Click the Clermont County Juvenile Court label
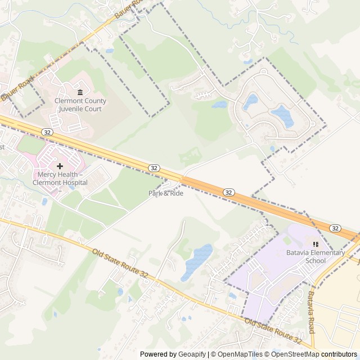pos(80,105)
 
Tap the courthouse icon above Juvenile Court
pos(80,92)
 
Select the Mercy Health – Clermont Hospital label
pos(60,179)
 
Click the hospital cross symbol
pos(60,166)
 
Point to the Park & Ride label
pos(166,193)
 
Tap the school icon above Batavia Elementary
pos(316,244)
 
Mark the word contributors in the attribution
pos(339,354)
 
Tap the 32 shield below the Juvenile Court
pos(46,131)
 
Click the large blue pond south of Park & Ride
pos(196,262)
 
